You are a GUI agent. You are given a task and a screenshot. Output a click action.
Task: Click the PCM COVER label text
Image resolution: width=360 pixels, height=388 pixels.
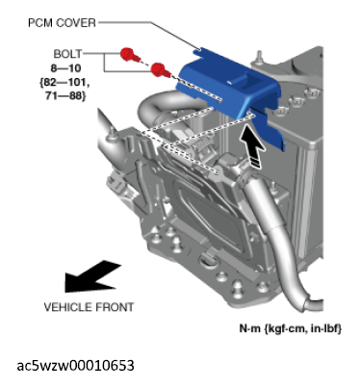tap(62, 23)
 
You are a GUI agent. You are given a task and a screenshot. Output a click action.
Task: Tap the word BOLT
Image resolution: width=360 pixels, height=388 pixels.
tap(67, 54)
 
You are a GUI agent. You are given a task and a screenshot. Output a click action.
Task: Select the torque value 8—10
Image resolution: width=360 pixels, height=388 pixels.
tap(65, 68)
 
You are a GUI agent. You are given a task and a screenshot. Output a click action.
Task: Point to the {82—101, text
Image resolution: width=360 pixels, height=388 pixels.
tap(64, 83)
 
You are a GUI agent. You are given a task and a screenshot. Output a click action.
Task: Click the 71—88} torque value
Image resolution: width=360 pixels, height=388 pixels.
tap(65, 95)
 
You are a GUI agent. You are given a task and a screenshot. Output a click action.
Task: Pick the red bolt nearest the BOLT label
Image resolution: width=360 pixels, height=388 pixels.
tap(129, 55)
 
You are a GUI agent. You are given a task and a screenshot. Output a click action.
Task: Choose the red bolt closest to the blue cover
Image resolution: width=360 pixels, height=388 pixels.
tap(161, 69)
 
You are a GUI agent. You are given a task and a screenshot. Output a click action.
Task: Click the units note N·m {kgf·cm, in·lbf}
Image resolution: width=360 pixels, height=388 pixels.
tap(291, 328)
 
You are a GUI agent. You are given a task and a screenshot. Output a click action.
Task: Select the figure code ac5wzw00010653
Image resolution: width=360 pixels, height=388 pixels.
tap(75, 366)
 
